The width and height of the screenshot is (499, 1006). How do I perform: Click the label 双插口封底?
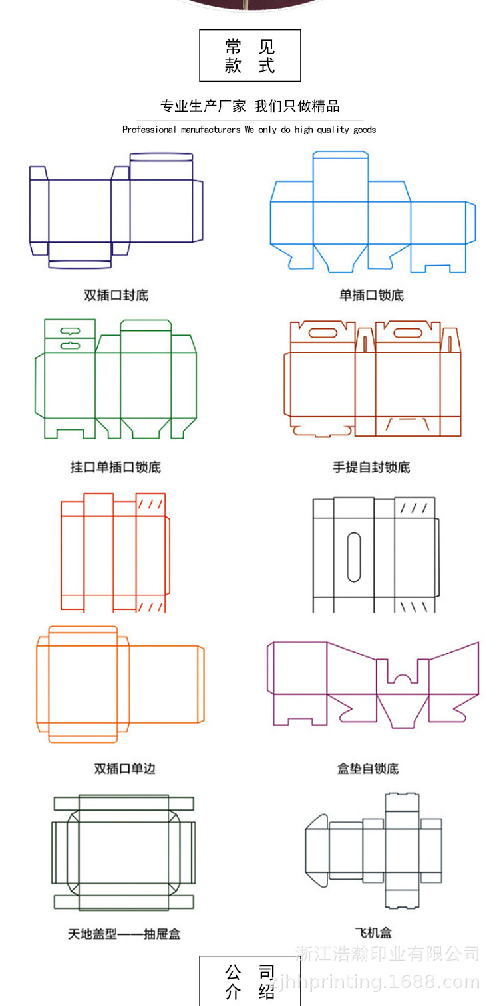click(116, 296)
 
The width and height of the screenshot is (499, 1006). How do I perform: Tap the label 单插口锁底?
click(371, 296)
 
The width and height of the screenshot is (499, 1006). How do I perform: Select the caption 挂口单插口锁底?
click(116, 467)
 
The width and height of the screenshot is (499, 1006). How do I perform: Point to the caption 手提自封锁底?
click(371, 467)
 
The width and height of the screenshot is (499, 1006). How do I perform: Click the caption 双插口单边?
click(124, 769)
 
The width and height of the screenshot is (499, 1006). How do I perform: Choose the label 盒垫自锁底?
click(368, 769)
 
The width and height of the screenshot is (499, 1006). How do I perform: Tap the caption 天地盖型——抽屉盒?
click(124, 934)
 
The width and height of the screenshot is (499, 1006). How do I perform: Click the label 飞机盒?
click(373, 933)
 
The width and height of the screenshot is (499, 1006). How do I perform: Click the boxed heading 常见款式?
click(250, 56)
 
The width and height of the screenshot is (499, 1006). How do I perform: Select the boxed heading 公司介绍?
click(250, 983)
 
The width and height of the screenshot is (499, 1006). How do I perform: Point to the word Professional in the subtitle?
click(150, 130)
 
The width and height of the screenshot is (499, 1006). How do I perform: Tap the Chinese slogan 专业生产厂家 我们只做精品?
click(249, 106)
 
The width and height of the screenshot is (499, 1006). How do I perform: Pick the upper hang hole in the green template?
click(70, 330)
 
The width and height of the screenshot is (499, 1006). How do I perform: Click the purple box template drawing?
click(373, 684)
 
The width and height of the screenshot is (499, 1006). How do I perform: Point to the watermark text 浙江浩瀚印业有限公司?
click(388, 954)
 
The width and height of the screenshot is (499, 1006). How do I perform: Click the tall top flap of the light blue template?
click(341, 176)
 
